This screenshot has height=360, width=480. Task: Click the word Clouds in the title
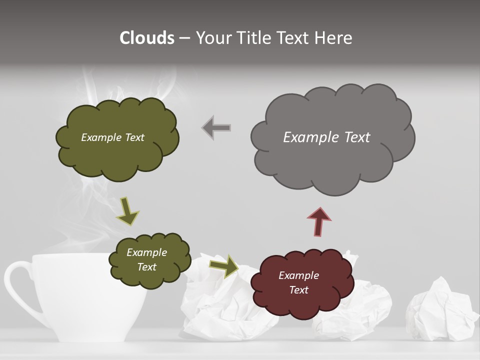pyautogui.click(x=147, y=38)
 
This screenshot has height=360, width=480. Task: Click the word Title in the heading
pyautogui.click(x=254, y=38)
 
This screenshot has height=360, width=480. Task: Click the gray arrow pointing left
pyautogui.click(x=216, y=128)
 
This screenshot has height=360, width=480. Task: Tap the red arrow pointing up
pyautogui.click(x=318, y=220)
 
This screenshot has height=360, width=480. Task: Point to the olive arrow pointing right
pyautogui.click(x=223, y=265)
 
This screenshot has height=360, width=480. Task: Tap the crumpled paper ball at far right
pyautogui.click(x=440, y=310)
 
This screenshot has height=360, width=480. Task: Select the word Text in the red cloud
pyautogui.click(x=298, y=290)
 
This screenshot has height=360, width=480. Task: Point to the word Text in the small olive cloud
pyautogui.click(x=146, y=267)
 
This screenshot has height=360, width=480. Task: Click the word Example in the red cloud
pyautogui.click(x=298, y=275)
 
